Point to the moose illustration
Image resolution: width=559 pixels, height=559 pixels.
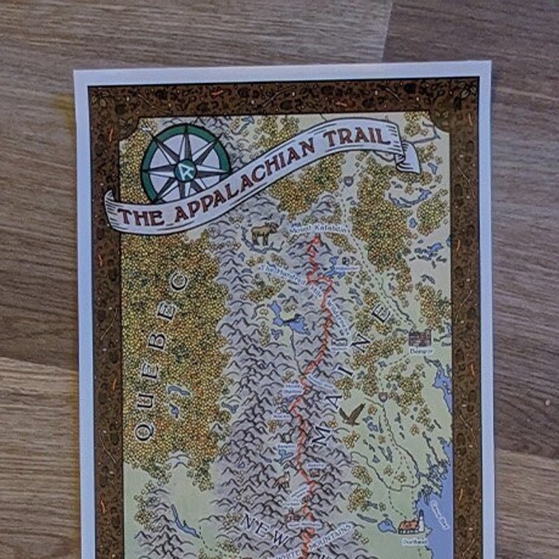tap(265, 233)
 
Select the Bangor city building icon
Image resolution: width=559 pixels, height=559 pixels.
tap(420, 339)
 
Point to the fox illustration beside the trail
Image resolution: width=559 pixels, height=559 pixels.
tap(282, 481)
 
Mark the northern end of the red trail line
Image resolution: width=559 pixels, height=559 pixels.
tap(316, 240)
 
